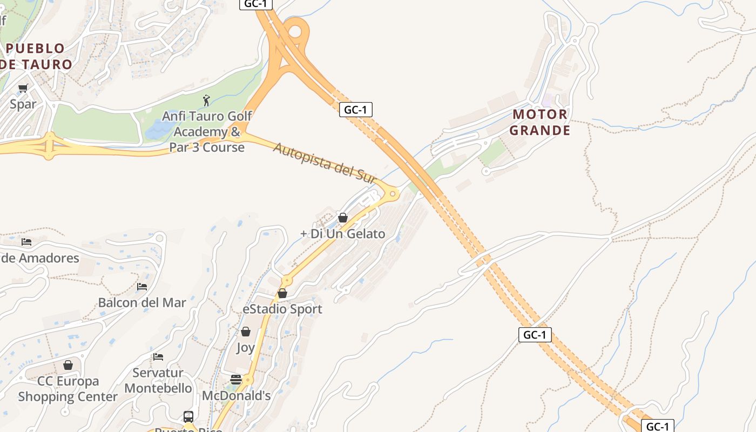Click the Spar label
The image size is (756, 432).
(23, 104)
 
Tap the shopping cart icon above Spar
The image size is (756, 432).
(23, 88)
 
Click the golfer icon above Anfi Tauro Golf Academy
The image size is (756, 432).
(206, 100)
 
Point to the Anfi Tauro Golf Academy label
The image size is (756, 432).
(207, 132)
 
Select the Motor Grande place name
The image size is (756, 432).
(540, 122)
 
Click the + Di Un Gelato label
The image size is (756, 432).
(343, 234)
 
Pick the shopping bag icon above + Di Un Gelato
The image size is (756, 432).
(342, 218)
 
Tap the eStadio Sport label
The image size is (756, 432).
(282, 309)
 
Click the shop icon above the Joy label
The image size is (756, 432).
(246, 332)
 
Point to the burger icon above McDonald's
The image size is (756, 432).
(236, 380)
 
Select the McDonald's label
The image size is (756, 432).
(236, 396)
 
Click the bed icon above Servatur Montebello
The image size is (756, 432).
(158, 357)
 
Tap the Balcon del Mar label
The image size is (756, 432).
(142, 302)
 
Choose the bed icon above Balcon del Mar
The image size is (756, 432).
(142, 286)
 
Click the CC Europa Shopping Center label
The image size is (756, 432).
(68, 389)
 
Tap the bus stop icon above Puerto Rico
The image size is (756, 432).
(188, 416)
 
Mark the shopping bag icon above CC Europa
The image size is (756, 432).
(68, 365)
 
